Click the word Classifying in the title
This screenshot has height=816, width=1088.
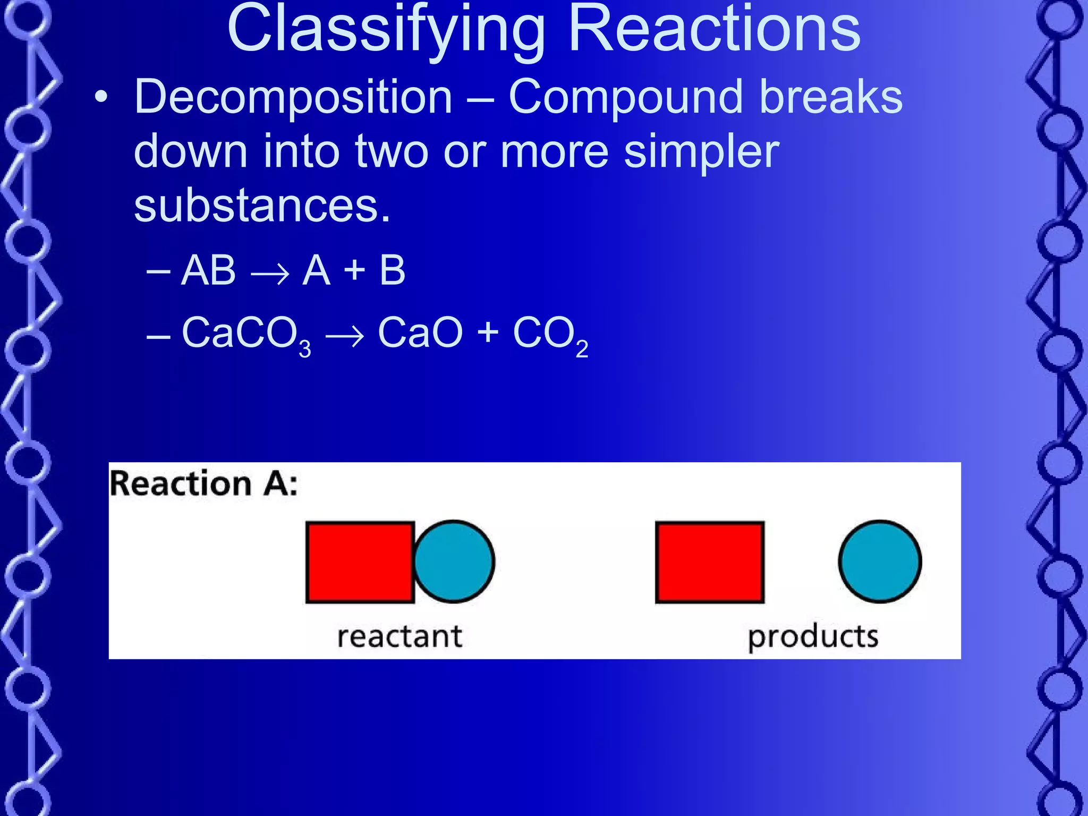(386, 31)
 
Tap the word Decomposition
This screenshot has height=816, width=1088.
(293, 97)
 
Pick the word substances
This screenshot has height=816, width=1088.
(262, 206)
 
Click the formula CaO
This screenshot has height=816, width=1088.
(420, 333)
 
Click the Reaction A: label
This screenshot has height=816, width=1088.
(203, 484)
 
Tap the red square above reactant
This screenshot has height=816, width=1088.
(360, 562)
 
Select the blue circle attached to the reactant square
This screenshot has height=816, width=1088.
(454, 562)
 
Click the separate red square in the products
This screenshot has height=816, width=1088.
(710, 562)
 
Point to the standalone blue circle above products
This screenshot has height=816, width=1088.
(880, 562)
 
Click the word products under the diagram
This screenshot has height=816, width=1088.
(813, 636)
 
